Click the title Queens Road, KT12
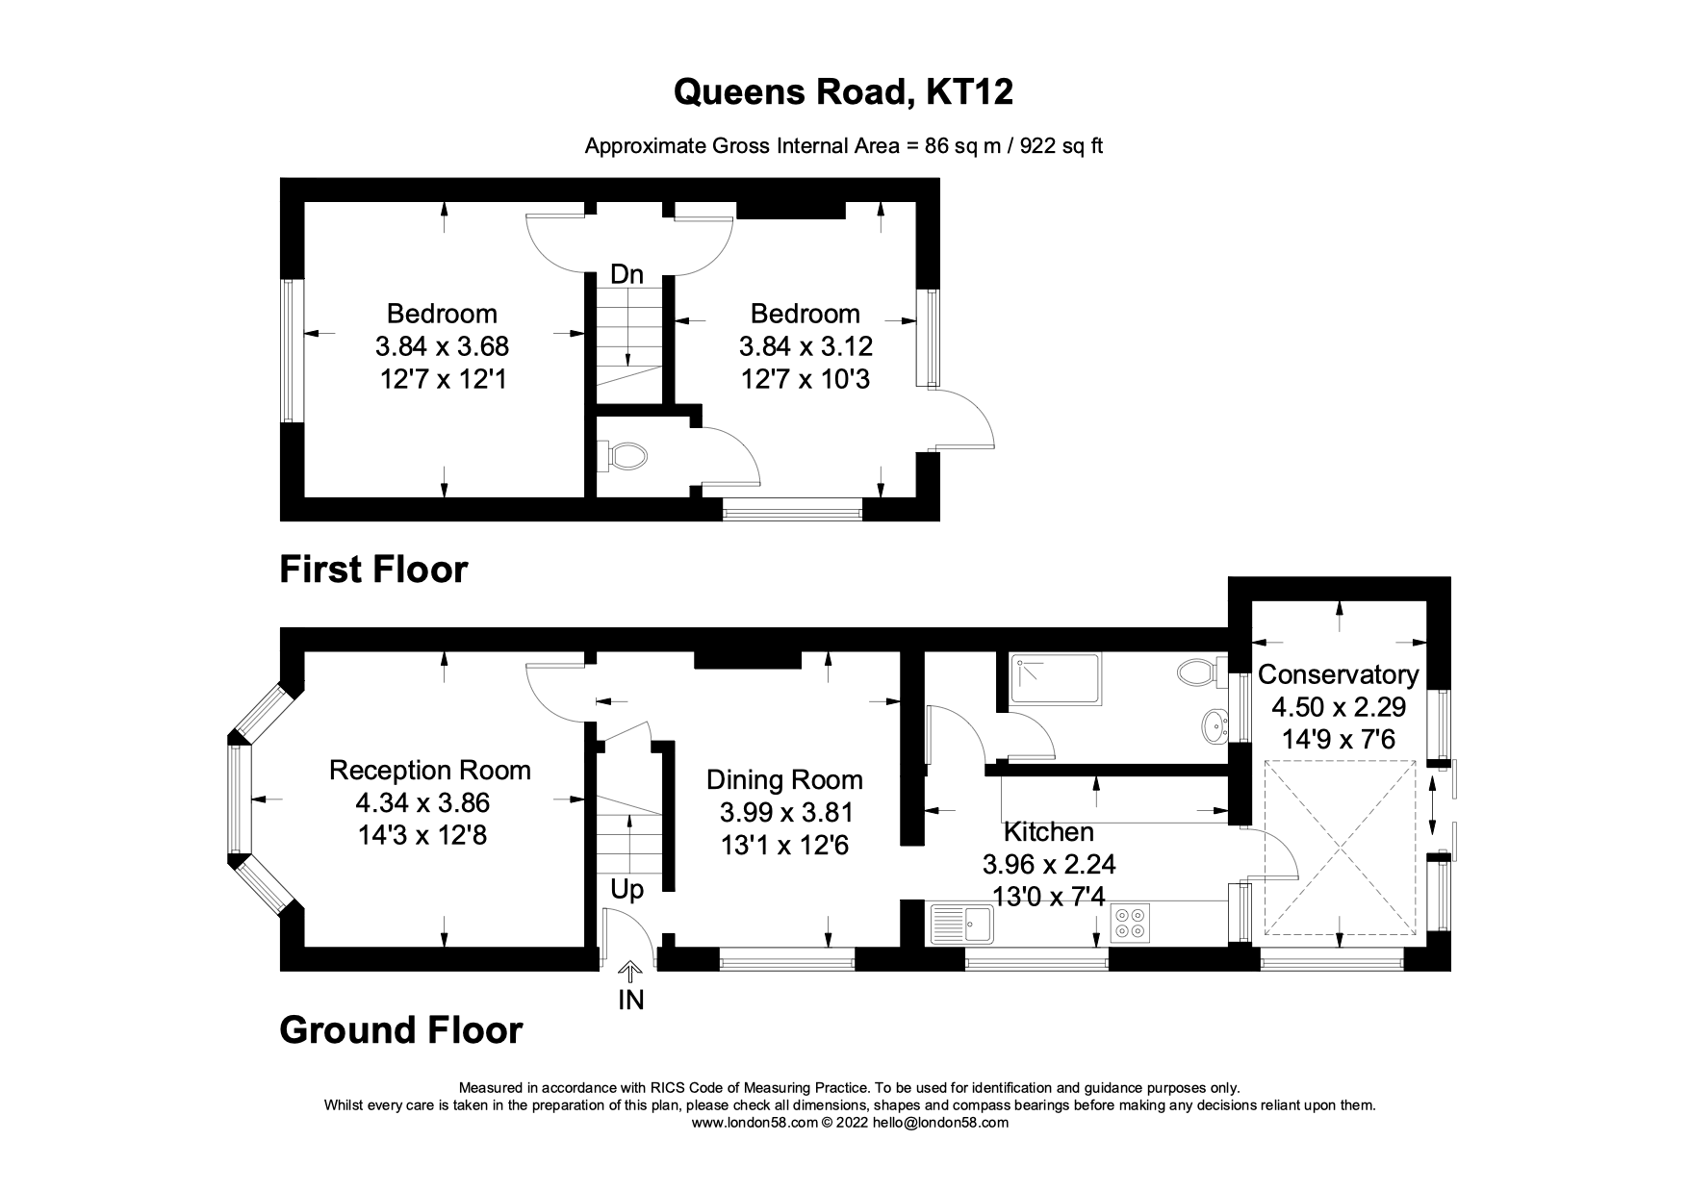pos(843,92)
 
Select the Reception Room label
pos(429,770)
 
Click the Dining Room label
pos(784,779)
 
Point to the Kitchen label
pos(1048,831)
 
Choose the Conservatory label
pos(1338,674)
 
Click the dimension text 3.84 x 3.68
pos(442,346)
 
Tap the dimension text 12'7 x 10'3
pos(806,379)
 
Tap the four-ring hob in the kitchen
pos(1130,925)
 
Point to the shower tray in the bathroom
pos(1053,678)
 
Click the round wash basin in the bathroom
pos(1215,726)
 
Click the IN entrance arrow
pos(630,974)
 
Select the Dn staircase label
pos(627,274)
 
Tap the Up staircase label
pos(627,890)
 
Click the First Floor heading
pos(373,570)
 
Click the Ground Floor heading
pos(400,1030)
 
